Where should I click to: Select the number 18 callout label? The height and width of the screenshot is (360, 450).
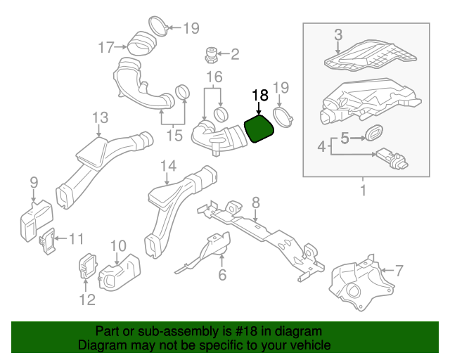point(259,94)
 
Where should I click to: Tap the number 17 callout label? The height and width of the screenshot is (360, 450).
point(105,48)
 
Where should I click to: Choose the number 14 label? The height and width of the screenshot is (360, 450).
point(167,166)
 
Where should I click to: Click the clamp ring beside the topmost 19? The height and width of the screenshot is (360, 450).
point(159,27)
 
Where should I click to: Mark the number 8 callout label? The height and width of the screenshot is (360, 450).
point(255,202)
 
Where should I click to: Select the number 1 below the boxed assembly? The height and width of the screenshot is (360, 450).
point(364,191)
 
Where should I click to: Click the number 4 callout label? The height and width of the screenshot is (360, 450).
point(321,146)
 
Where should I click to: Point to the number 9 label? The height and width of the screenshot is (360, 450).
point(33,184)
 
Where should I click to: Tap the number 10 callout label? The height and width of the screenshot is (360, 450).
point(117,245)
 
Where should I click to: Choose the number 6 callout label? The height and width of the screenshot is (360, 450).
point(222,275)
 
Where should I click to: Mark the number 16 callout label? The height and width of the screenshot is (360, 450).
point(214,77)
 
